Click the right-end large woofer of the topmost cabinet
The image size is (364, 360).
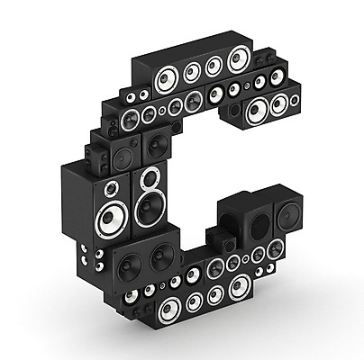240,59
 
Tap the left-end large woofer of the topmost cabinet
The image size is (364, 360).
167,79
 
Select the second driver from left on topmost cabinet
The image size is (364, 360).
192,72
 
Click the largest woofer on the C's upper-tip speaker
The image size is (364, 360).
258,111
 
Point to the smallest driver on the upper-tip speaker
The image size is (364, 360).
295,100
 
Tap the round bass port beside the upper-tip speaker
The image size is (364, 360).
234,111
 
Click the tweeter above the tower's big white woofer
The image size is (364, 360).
112,189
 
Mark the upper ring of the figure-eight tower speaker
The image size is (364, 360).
150,179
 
